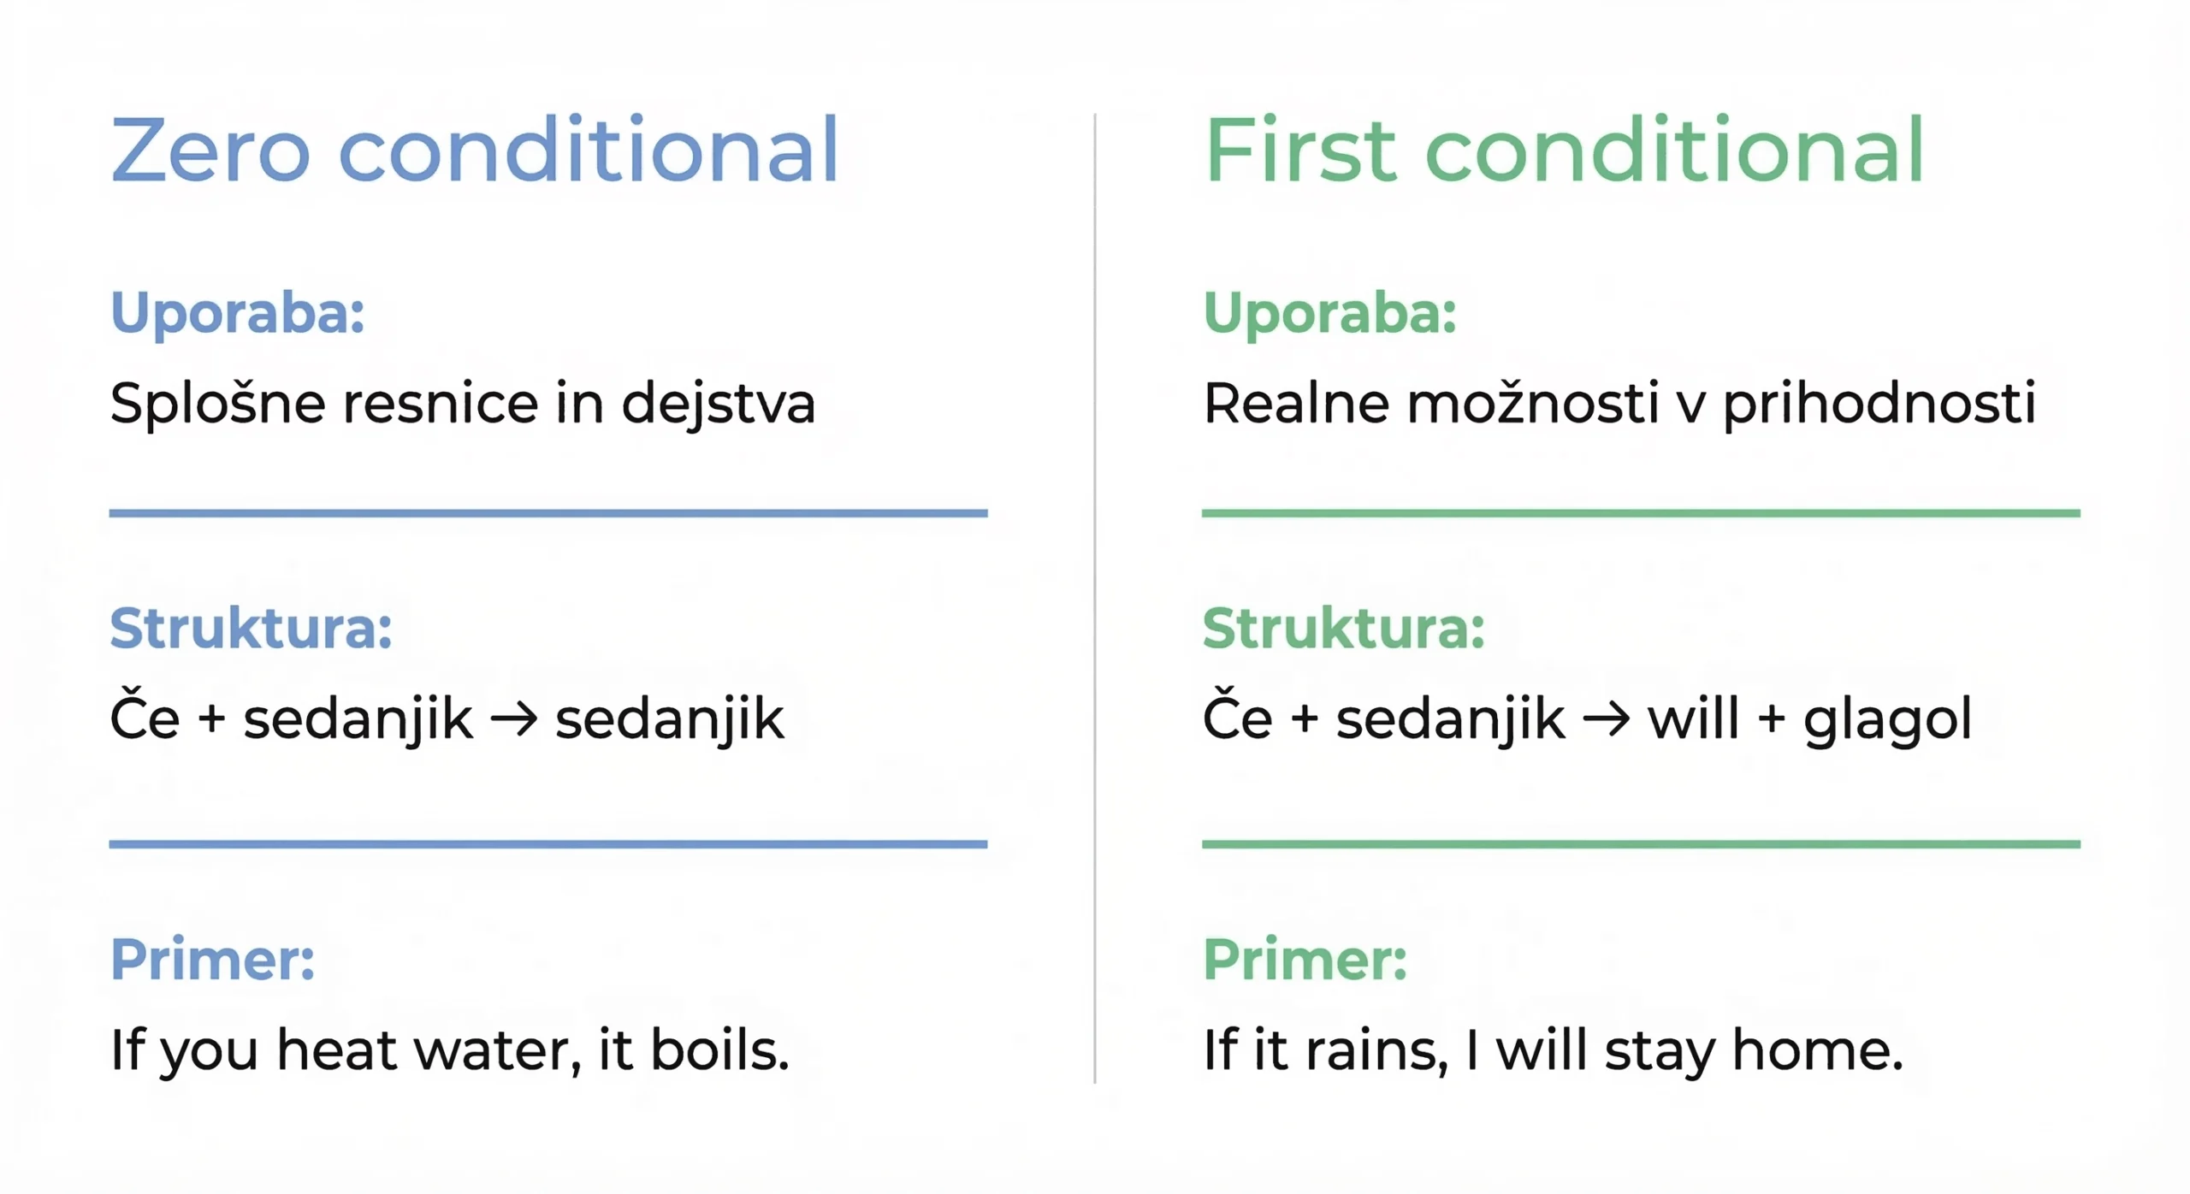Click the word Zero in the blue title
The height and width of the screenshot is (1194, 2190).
click(x=210, y=151)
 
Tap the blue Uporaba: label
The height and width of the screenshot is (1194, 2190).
click(x=238, y=313)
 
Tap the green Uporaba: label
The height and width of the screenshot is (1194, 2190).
click(x=1329, y=313)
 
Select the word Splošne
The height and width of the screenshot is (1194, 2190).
click(x=217, y=403)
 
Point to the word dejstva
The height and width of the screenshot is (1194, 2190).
click(x=718, y=405)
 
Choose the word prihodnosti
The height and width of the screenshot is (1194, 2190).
click(x=1879, y=403)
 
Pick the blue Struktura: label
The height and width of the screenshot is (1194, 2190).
click(x=251, y=629)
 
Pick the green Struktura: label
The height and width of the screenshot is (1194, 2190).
click(x=1343, y=629)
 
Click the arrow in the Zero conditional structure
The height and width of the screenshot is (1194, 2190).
click(x=514, y=719)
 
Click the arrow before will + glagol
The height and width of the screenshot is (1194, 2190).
click(x=1606, y=719)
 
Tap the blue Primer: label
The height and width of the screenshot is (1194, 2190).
click(x=212, y=960)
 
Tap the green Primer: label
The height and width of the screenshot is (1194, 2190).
click(x=1305, y=960)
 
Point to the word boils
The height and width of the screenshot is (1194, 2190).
click(x=719, y=1049)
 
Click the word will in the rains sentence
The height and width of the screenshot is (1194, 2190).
click(x=1540, y=1049)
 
